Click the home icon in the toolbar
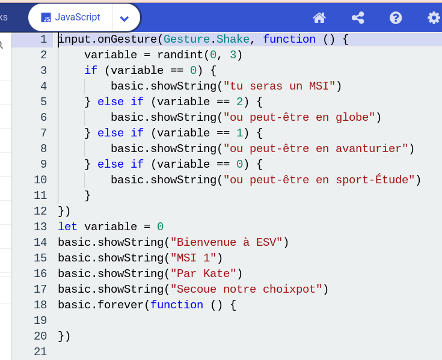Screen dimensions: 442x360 tap(319, 18)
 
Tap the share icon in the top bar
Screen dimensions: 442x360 tap(358, 18)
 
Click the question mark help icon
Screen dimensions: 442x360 tap(396, 18)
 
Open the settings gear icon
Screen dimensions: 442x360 tap(434, 18)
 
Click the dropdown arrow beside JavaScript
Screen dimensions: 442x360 tap(124, 19)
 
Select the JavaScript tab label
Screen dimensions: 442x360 tap(78, 17)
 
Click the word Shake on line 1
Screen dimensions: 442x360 tap(233, 39)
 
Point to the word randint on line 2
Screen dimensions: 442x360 tap(180, 55)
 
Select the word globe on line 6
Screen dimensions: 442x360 tap(352, 117)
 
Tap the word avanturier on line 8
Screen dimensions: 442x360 tap(369, 148)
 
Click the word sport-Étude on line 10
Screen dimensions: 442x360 tap(372, 180)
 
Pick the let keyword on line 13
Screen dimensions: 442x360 tap(67, 227)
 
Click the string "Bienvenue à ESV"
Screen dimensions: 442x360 tap(227, 242)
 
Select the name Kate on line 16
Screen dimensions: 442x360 tap(216, 273)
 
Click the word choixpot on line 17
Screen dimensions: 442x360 tap(289, 289)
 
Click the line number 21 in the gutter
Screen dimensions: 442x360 tap(40, 352)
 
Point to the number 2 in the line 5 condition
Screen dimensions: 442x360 tap(239, 102)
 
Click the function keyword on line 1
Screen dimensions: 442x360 tap(289, 39)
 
